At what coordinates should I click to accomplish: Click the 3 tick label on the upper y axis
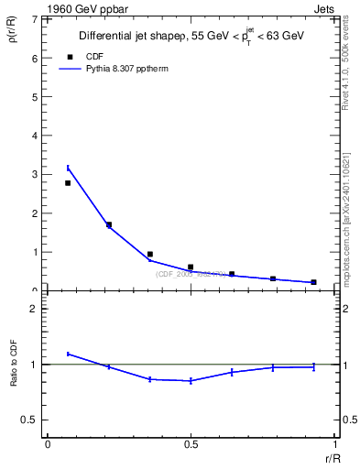[34, 174]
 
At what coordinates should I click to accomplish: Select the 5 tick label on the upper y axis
[34, 97]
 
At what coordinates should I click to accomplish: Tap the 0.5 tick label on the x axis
[191, 444]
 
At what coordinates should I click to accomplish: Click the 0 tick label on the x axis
[47, 444]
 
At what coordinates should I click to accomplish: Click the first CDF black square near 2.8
[68, 183]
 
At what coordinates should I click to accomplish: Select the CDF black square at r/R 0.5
[191, 267]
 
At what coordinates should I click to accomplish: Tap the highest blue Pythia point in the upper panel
[68, 168]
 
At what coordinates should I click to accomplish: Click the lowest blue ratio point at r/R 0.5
[191, 381]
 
